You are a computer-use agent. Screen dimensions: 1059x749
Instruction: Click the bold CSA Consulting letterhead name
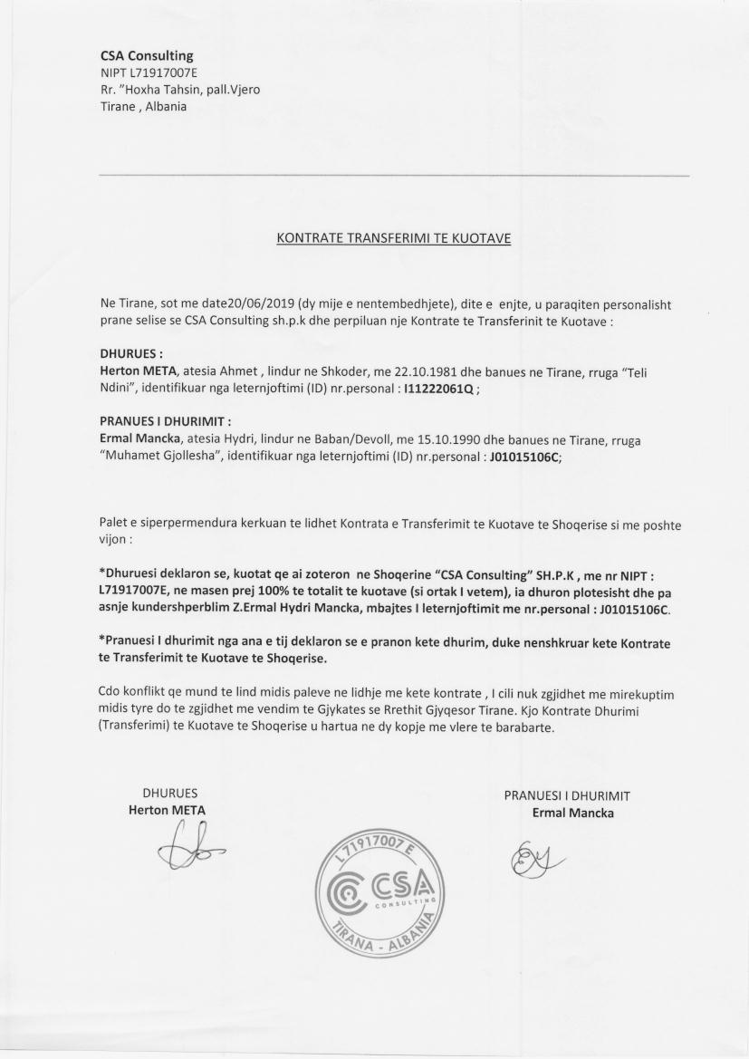pos(147,56)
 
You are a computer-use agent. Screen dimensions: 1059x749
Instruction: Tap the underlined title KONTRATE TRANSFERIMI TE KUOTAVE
pos(394,239)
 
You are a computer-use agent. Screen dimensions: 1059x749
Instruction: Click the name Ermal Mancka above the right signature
pos(572,813)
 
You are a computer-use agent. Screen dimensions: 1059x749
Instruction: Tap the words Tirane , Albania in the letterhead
pos(144,106)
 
